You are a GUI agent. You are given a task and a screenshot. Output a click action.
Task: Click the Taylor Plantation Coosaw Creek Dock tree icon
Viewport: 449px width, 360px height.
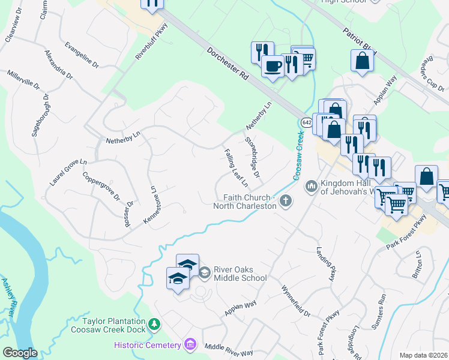tap(154, 324)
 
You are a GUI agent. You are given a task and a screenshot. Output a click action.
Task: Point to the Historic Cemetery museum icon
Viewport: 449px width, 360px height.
tap(190, 344)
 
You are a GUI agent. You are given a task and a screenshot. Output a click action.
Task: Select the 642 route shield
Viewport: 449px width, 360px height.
tap(307, 122)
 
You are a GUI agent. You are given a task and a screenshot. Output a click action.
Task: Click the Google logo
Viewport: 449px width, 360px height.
tap(19, 353)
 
